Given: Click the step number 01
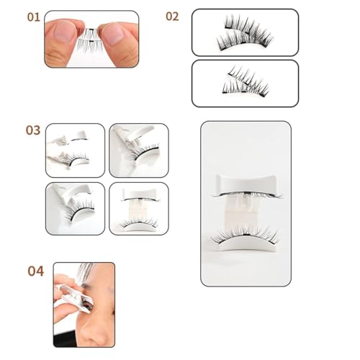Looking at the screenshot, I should [x=33, y=16].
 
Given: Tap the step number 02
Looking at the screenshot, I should [x=172, y=16].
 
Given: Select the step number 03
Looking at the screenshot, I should [x=33, y=130].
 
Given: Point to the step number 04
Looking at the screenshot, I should [x=35, y=271].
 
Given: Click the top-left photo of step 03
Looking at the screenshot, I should [x=75, y=150].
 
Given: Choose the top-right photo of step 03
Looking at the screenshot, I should [x=138, y=150].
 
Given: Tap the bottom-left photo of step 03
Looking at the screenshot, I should [x=75, y=208].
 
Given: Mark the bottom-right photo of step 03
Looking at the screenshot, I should [x=138, y=208].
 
